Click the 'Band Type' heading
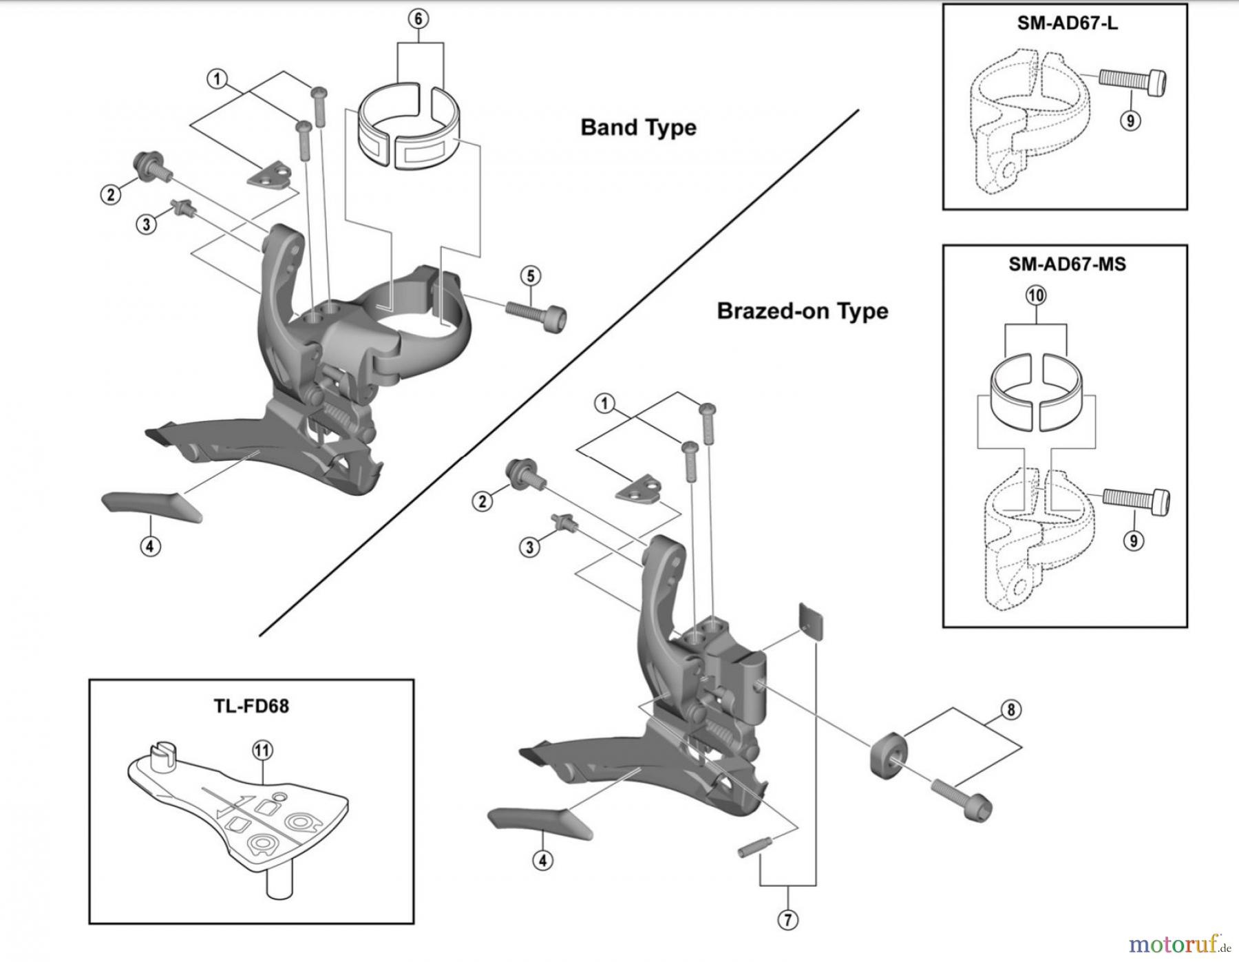[x=638, y=128]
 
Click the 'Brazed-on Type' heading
[x=803, y=311]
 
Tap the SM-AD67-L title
[x=1067, y=23]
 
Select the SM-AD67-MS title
[x=1067, y=264]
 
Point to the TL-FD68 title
[x=251, y=706]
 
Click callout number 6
[x=419, y=19]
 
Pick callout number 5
[x=530, y=276]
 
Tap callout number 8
[x=1010, y=710]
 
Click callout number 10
[x=1036, y=296]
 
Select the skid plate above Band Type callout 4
[x=152, y=506]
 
